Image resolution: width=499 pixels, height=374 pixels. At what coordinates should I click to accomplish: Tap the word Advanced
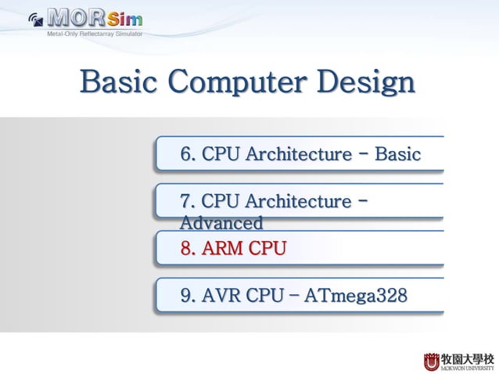[x=221, y=224]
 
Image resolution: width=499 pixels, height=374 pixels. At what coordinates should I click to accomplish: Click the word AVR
[x=222, y=297]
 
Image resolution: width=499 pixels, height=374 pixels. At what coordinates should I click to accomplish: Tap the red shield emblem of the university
[x=432, y=361]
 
